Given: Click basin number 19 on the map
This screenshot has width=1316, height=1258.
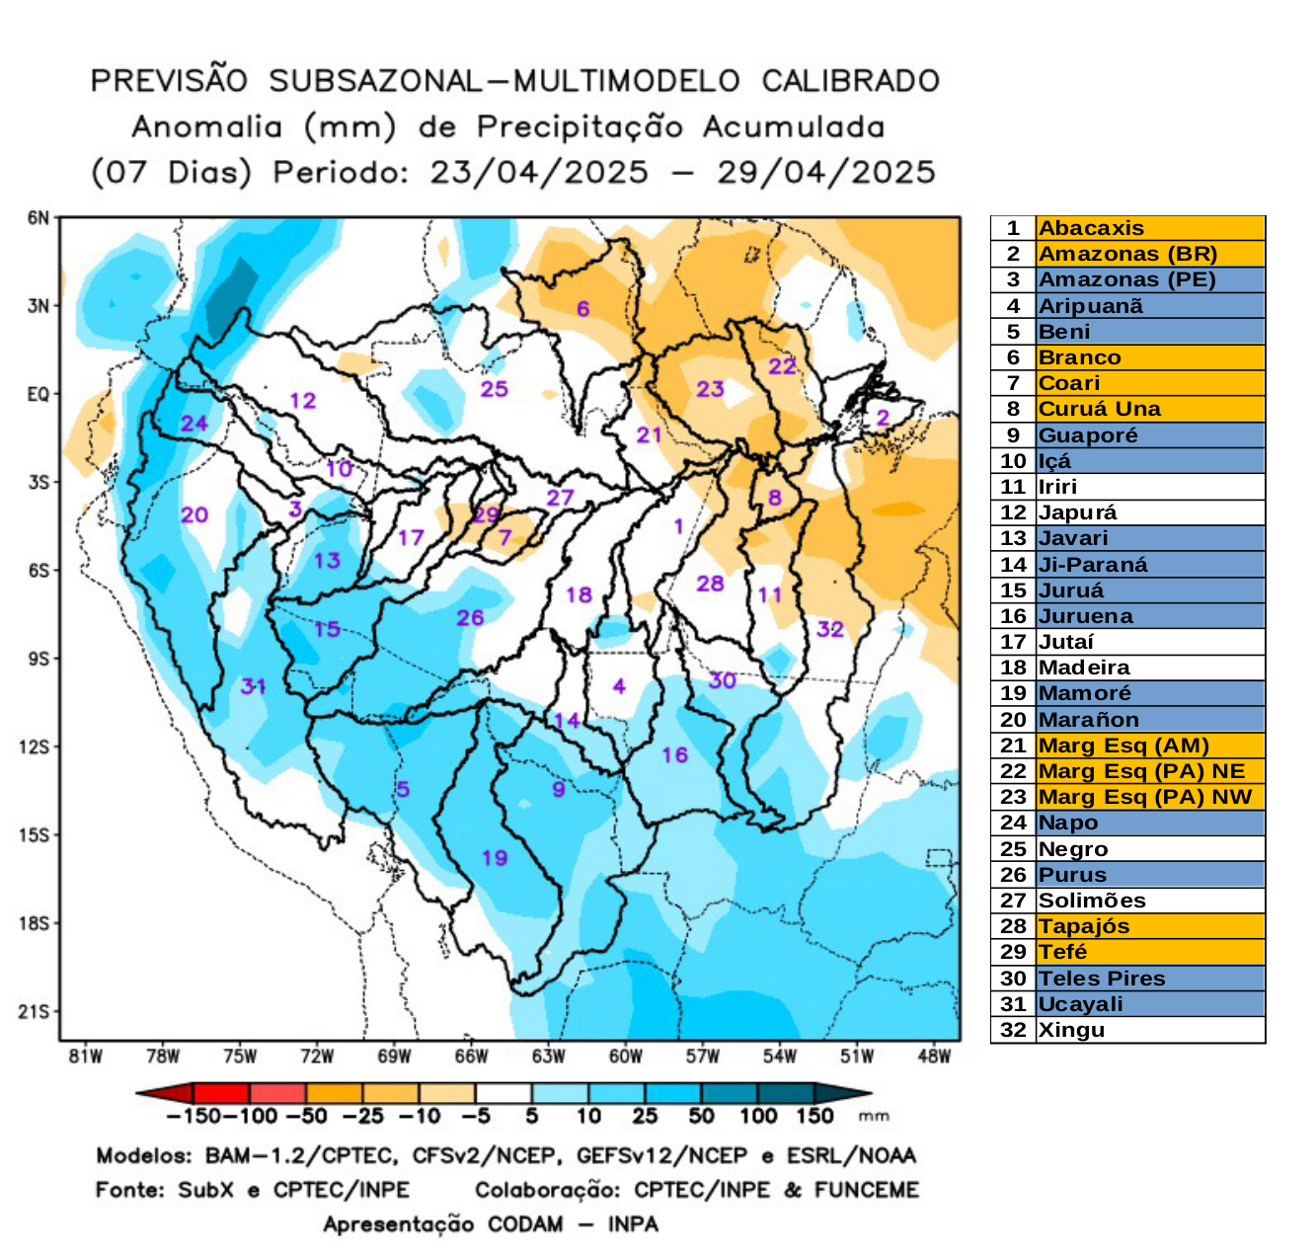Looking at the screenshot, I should (x=495, y=857).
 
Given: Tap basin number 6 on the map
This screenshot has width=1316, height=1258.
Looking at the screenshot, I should (x=582, y=308).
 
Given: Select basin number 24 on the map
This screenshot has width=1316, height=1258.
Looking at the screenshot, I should (x=194, y=424).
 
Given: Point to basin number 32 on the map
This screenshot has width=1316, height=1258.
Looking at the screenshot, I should (x=829, y=629).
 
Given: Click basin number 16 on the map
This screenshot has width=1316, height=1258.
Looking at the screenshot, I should (x=674, y=754).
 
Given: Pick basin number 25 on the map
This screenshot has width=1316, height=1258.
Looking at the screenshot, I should (x=494, y=389).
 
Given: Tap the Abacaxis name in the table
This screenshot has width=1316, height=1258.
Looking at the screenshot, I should (x=1091, y=228).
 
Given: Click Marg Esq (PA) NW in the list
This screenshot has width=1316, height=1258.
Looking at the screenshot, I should (x=1145, y=797).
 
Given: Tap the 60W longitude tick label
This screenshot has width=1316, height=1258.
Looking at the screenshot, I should (x=625, y=1057).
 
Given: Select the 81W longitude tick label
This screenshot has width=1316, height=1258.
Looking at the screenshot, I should (x=85, y=1057).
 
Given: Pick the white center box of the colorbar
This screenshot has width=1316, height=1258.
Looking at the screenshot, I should (x=503, y=1094).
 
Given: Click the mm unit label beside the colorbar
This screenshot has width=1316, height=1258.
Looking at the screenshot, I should (x=874, y=1116).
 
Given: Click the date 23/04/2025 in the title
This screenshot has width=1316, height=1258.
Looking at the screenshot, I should (x=539, y=172).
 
